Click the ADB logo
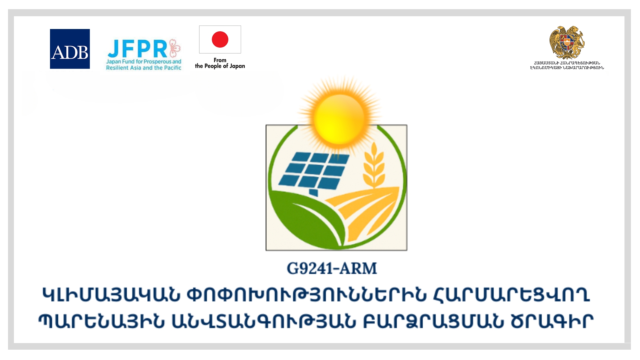click(70, 49)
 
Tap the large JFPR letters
click(137, 49)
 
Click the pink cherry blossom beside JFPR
click(175, 48)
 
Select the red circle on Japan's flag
click(220, 39)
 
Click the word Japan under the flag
click(237, 66)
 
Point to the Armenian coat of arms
click(567, 43)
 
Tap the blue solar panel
click(314, 172)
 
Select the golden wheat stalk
click(374, 165)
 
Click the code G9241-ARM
click(332, 269)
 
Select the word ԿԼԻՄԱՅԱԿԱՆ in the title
click(111, 295)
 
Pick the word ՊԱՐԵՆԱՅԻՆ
click(101, 321)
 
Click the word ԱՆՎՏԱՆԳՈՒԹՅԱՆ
click(264, 321)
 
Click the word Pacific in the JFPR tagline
click(172, 68)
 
